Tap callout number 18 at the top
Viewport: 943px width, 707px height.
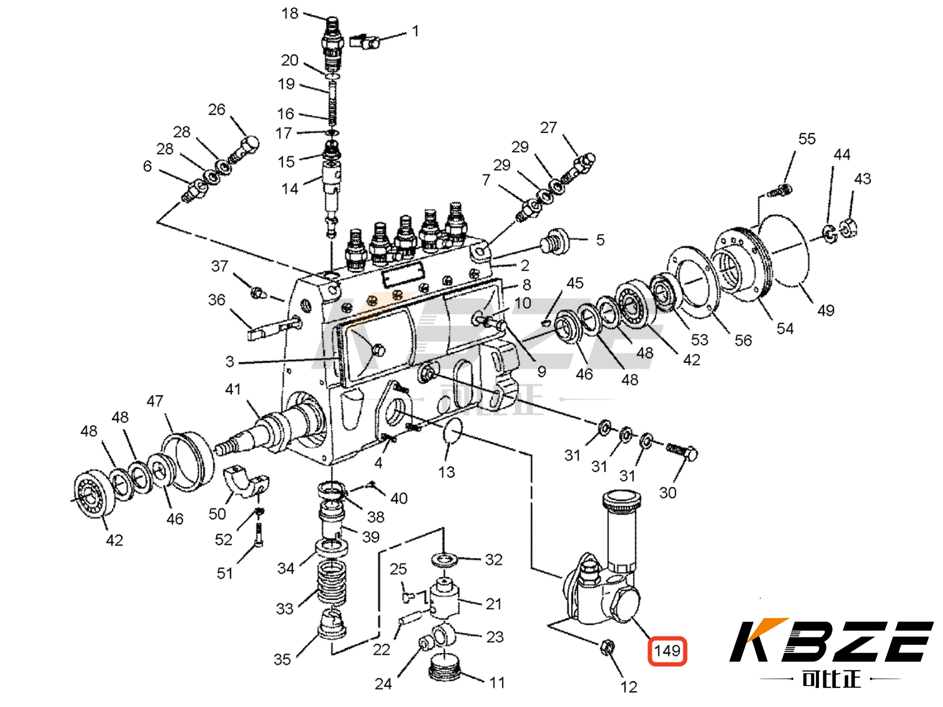click(290, 14)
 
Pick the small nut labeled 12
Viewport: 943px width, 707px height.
click(607, 648)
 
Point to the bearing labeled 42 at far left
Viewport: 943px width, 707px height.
click(95, 494)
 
